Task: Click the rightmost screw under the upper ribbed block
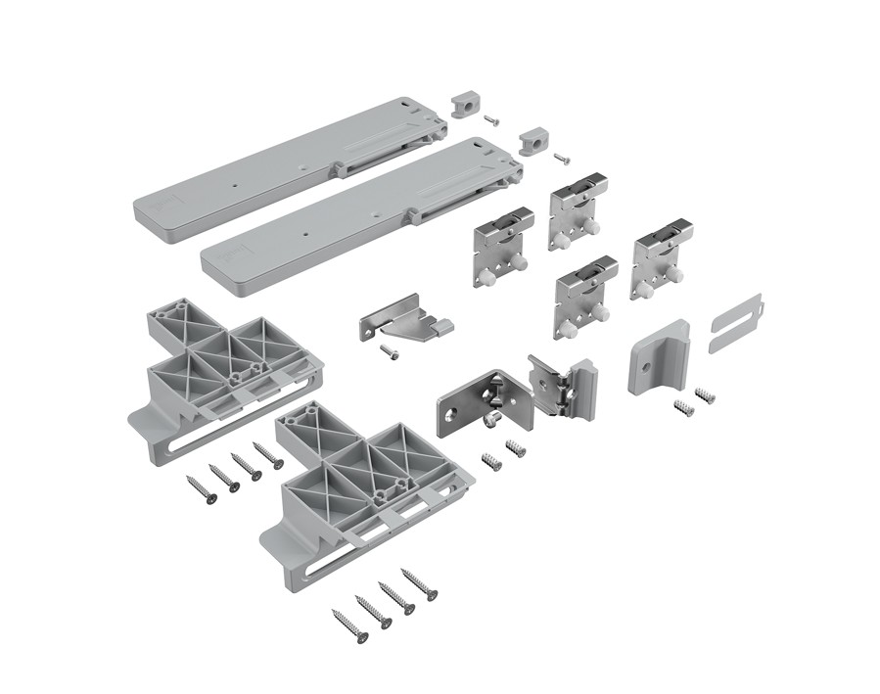[267, 454]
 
